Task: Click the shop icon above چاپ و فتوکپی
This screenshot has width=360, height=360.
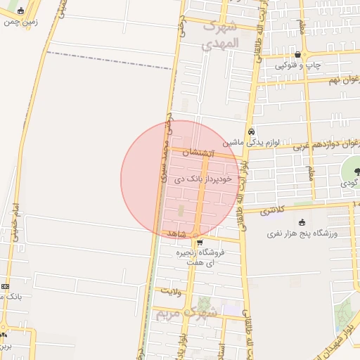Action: (x=299, y=54)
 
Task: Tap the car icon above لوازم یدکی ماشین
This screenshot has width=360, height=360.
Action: (x=251, y=131)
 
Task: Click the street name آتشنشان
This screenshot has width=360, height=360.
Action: (x=196, y=153)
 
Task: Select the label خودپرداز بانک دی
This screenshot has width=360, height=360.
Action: (x=195, y=180)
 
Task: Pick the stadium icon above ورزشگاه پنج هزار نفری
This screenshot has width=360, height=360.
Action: (x=303, y=221)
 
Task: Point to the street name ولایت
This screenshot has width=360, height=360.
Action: (x=171, y=289)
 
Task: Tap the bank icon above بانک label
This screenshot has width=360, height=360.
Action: (x=6, y=286)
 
